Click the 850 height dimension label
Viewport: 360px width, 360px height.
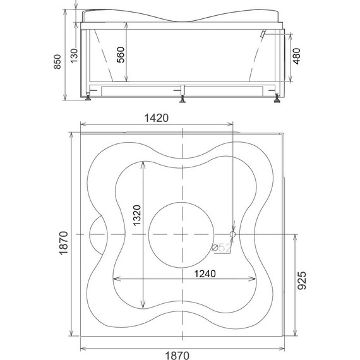[57, 61]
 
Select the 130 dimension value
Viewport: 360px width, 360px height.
[74, 56]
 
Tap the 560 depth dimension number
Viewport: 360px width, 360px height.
[121, 55]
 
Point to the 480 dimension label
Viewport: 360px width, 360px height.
[296, 56]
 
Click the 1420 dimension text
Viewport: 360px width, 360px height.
[157, 118]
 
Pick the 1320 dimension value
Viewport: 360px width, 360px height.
[137, 215]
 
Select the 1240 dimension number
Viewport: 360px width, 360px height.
[205, 273]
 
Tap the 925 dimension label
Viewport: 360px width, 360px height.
[302, 280]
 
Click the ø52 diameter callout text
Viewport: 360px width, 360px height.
[221, 248]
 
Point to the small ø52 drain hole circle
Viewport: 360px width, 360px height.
[232, 234]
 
